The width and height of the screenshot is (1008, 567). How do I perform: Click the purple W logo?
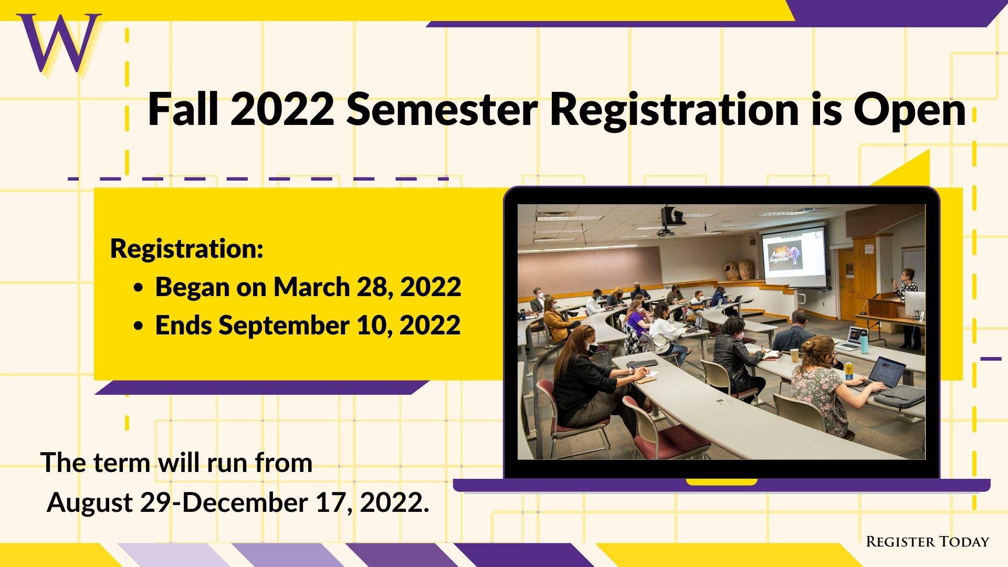pyautogui.click(x=59, y=43)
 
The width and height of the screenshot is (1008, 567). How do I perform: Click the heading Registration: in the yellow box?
pyautogui.click(x=186, y=249)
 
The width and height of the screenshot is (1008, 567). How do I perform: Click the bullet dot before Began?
pyautogui.click(x=139, y=288)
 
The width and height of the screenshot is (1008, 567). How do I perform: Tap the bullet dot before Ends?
pyautogui.click(x=139, y=327)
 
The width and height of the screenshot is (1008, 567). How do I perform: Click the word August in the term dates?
pyautogui.click(x=90, y=503)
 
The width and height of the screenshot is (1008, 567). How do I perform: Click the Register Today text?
pyautogui.click(x=927, y=542)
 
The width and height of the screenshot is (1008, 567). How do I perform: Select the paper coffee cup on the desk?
pyautogui.click(x=794, y=355)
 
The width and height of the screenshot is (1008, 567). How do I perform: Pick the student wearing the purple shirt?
pyautogui.click(x=636, y=319)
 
